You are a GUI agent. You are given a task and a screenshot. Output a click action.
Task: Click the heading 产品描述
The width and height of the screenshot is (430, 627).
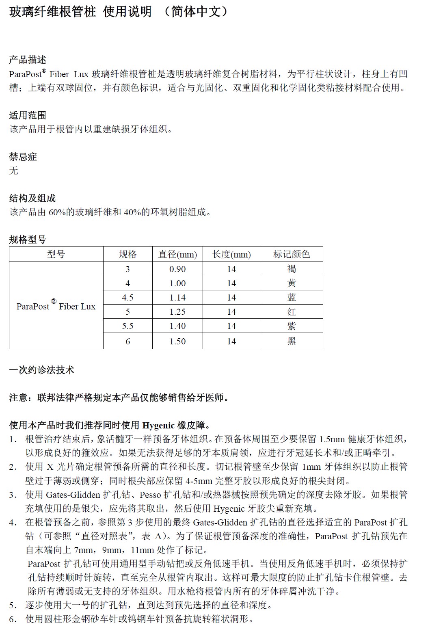pos(28,60)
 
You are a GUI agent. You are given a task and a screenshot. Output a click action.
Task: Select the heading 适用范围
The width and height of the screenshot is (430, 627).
pos(28,115)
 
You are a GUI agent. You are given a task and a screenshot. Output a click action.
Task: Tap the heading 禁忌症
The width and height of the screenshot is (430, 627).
pos(23,157)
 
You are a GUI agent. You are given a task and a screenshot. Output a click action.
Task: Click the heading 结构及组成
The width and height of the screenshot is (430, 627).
pos(32,198)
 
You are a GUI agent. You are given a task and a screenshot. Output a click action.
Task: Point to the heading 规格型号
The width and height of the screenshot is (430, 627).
pos(28,240)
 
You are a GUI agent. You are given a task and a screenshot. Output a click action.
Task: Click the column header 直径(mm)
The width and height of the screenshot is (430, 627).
pos(177,255)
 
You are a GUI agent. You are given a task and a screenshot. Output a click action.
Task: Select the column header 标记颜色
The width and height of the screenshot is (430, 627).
pos(291,255)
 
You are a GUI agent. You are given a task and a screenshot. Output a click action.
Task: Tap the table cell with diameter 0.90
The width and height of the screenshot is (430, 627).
pos(177,269)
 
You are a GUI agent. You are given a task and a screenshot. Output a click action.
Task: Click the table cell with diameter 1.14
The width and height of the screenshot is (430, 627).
pos(177,298)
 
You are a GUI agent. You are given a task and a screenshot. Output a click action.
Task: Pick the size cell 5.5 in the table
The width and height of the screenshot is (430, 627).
pos(127,326)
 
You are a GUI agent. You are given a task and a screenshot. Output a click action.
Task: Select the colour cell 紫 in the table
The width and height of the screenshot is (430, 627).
pos(292,326)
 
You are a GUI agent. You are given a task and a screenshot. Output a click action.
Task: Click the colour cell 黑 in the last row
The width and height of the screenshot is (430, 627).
pos(292,342)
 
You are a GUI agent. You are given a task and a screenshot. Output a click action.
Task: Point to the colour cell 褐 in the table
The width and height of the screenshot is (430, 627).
pos(292,269)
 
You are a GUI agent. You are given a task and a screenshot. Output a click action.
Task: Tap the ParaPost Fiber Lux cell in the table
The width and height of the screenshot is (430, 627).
pos(56,306)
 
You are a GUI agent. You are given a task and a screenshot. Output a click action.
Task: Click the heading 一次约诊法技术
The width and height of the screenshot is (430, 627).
pos(42,370)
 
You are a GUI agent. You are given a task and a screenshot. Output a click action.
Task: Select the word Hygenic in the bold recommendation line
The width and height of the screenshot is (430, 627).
pos(158,426)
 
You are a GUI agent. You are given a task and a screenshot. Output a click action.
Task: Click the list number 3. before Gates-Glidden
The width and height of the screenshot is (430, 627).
pos(13,495)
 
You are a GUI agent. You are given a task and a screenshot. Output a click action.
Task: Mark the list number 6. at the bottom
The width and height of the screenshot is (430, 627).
pos(13,619)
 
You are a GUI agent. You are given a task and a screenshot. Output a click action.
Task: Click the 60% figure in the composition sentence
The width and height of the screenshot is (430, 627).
pos(57,212)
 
